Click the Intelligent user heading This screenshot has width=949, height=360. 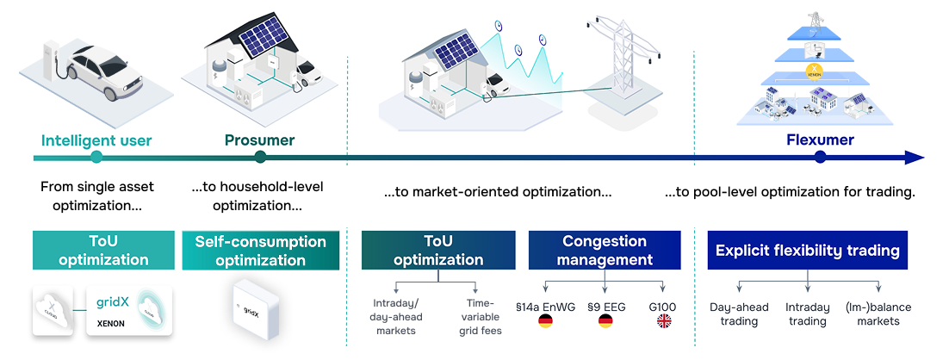click(96, 141)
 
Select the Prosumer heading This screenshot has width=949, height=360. click(260, 141)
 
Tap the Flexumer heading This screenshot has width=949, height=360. click(820, 140)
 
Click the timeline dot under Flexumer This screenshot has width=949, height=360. click(820, 158)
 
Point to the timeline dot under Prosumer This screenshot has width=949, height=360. click(260, 158)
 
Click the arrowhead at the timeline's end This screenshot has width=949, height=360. click(915, 158)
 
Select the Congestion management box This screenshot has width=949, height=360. click(605, 250)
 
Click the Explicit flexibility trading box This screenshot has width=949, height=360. click(808, 250)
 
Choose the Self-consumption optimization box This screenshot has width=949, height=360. click(260, 250)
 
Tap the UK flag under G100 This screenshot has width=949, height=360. click(664, 321)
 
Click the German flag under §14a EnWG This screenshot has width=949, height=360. click(545, 321)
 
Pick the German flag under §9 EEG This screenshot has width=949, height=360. click(605, 321)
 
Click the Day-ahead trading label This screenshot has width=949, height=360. click(739, 314)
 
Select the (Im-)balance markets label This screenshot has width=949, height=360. click(878, 314)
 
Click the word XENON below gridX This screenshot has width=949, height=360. click(111, 324)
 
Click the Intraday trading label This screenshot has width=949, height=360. click(808, 314)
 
